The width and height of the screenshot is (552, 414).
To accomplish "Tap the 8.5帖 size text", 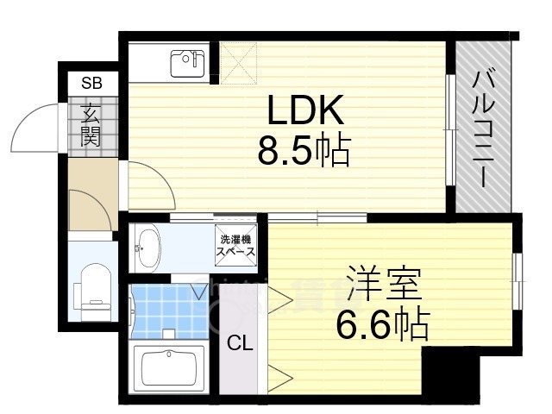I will pyautogui.click(x=304, y=153).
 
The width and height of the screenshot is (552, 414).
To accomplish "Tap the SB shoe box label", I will pyautogui.click(x=91, y=84).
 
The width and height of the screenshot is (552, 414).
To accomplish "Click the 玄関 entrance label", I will pyautogui.click(x=91, y=123).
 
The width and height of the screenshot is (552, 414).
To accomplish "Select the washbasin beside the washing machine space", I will pyautogui.click(x=149, y=248).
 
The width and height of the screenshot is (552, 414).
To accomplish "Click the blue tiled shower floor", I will pyautogui.click(x=168, y=309).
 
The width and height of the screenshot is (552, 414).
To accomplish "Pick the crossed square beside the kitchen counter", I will pyautogui.click(x=235, y=61).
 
